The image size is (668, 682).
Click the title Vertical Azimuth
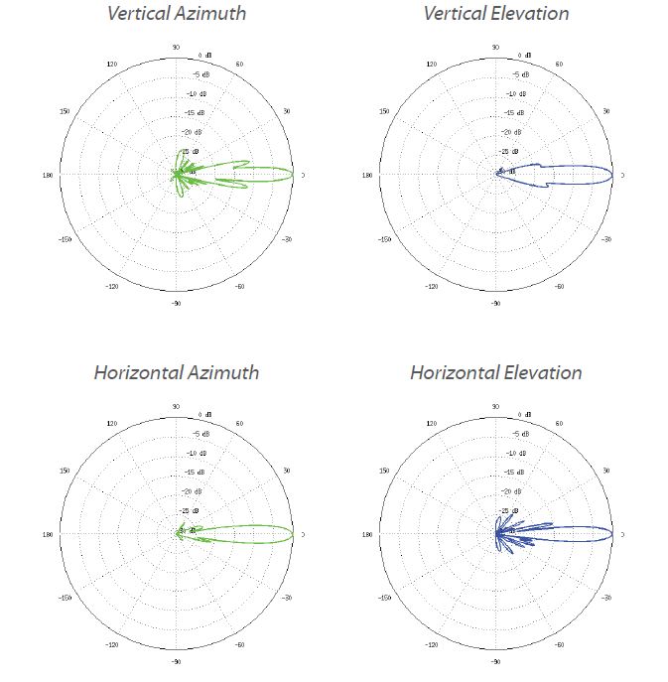[x=176, y=14]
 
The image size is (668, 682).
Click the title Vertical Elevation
[x=496, y=14]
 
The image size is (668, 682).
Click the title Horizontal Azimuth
[x=176, y=373]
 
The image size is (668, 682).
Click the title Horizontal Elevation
[x=496, y=373]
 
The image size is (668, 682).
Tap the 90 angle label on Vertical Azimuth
[x=176, y=47]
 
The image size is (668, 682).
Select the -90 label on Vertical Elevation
[x=496, y=303]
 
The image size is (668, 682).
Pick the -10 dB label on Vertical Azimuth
[x=196, y=93]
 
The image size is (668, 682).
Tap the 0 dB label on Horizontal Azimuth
[x=203, y=414]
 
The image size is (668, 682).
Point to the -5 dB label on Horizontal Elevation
[x=517, y=434]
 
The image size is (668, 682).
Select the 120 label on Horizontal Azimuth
[x=111, y=424]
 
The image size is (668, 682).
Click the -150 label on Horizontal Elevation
[x=385, y=599]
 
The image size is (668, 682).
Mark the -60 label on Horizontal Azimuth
[x=241, y=645]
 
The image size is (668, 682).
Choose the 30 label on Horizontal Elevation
[x=607, y=471]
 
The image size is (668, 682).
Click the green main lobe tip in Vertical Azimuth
[x=293, y=175]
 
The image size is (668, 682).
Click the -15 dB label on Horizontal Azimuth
[x=196, y=473]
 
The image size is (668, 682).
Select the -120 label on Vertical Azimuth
[x=111, y=286]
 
